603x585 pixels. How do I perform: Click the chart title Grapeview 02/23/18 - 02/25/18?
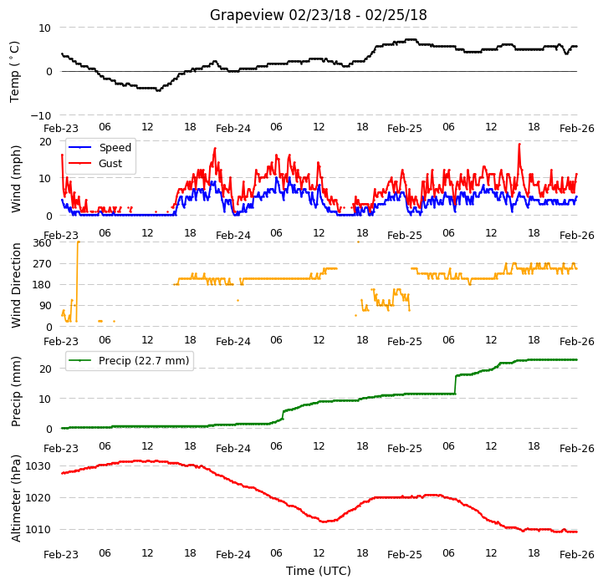[318, 15]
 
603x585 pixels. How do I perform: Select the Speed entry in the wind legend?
[115, 148]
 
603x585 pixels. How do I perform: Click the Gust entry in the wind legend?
[110, 163]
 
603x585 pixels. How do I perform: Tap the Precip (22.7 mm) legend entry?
[144, 360]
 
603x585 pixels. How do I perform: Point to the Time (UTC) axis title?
[319, 571]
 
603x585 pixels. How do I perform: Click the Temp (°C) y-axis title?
[14, 72]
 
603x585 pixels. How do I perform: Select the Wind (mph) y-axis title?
[15, 179]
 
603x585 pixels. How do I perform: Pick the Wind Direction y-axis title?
[16, 285]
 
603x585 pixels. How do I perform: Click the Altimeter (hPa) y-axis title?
[16, 499]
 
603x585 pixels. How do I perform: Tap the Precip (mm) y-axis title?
[16, 392]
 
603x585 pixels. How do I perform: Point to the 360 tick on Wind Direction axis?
[43, 243]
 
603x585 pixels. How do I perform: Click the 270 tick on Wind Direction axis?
[43, 264]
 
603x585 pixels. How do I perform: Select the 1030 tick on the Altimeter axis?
[38, 466]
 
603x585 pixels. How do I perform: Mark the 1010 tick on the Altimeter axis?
[38, 530]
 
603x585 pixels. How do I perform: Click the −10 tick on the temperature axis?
[40, 115]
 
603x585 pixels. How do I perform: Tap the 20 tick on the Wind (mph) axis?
[45, 142]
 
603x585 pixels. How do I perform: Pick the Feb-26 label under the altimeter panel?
[577, 555]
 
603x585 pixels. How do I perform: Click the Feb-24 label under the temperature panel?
[233, 129]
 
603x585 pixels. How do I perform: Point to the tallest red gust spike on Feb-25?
[519, 145]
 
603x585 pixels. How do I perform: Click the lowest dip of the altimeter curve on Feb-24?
[324, 521]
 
